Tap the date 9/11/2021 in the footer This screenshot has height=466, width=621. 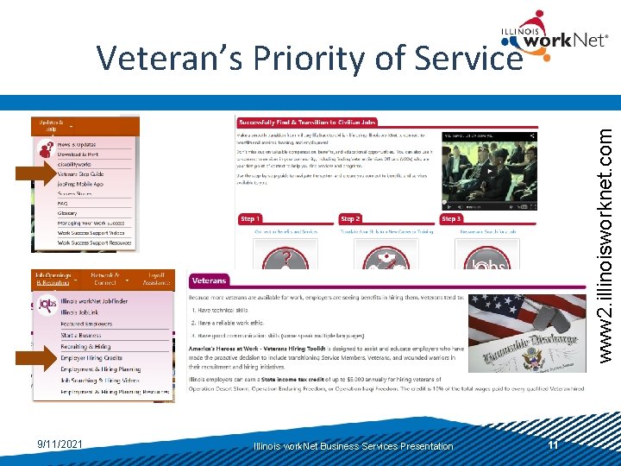click(x=60, y=444)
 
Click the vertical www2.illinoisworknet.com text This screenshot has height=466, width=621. click(x=605, y=233)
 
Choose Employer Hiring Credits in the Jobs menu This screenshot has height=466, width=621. click(x=91, y=358)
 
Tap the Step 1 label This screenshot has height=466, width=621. click(x=250, y=219)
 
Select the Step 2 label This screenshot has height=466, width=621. click(x=350, y=219)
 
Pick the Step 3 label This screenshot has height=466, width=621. click(x=452, y=219)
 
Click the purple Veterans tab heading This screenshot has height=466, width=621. click(x=210, y=280)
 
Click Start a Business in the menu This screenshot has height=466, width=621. click(x=81, y=336)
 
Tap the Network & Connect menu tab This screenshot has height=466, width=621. click(x=105, y=279)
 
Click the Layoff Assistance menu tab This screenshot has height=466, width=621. click(x=155, y=279)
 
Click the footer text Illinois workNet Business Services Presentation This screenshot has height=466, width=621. click(x=353, y=446)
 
